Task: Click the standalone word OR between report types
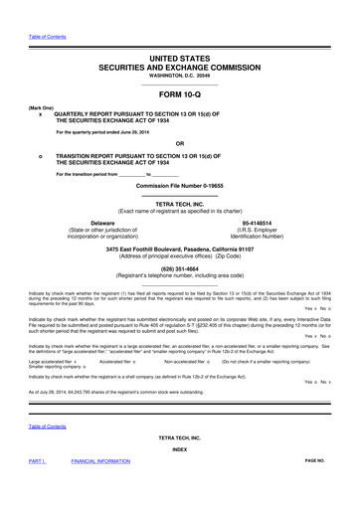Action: click(x=180, y=144)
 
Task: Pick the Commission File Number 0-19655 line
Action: click(x=180, y=188)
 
